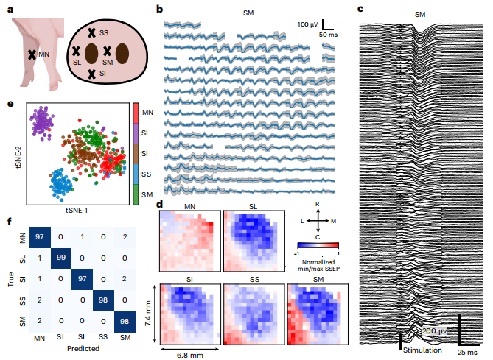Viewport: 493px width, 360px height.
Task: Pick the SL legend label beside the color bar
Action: (x=147, y=132)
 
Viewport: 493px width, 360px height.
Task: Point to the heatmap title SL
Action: (x=254, y=205)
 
